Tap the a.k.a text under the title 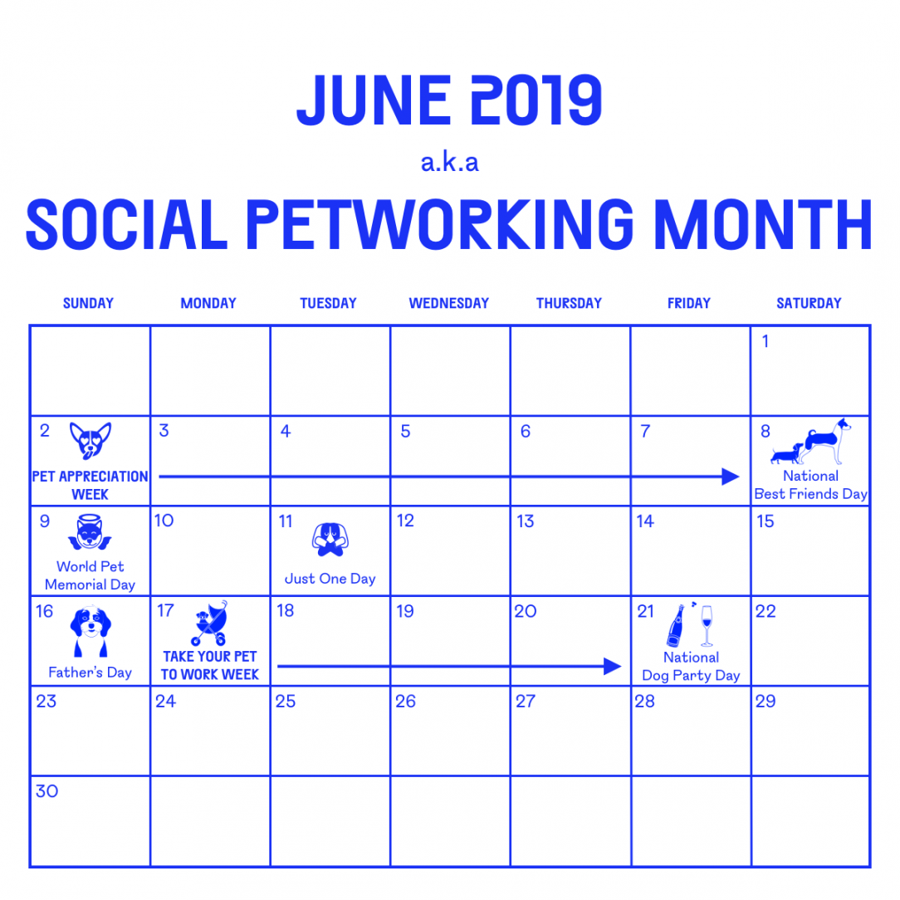click(x=450, y=163)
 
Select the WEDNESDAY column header click(x=448, y=304)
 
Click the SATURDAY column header click(x=809, y=304)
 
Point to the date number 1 click(x=765, y=341)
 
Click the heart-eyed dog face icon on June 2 click(x=90, y=440)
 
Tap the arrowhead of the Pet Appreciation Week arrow click(x=731, y=477)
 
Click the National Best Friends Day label click(x=810, y=485)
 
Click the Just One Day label click(x=330, y=579)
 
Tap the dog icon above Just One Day click(x=330, y=539)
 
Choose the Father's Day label click(x=90, y=673)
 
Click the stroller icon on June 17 click(x=209, y=624)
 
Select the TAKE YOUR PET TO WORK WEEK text click(x=210, y=666)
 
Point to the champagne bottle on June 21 click(x=676, y=625)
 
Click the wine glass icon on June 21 click(x=707, y=625)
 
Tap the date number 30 click(x=47, y=791)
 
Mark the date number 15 click(x=765, y=521)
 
